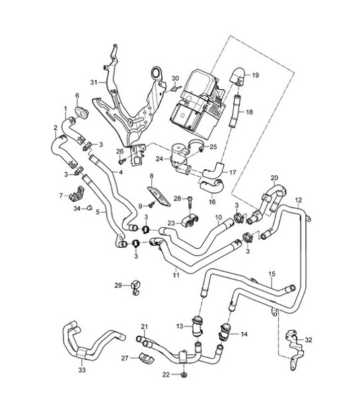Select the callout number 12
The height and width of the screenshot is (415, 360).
pyautogui.click(x=299, y=200)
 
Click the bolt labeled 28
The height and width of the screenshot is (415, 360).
pyautogui.click(x=190, y=201)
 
